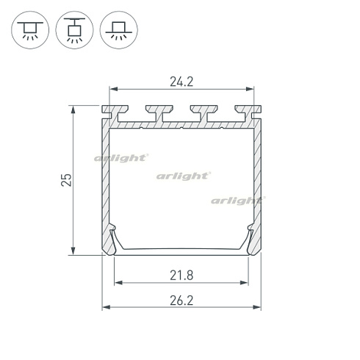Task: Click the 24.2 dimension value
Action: tap(181, 82)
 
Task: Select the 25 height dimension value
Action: tap(66, 180)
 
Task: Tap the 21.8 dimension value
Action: tap(181, 276)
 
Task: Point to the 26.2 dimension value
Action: tap(181, 300)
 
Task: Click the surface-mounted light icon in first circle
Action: tap(30, 30)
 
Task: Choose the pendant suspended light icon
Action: tap(74, 30)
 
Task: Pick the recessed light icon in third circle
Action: tap(119, 30)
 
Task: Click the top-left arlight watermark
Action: tap(121, 158)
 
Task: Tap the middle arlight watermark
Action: tap(184, 176)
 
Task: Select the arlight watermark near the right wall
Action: tap(238, 201)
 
